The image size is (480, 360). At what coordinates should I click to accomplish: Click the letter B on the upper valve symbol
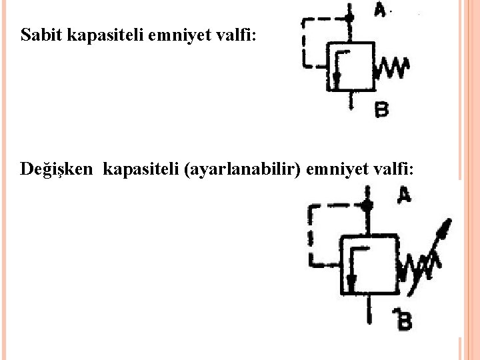pyautogui.click(x=382, y=109)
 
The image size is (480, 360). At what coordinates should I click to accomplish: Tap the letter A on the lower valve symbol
pyautogui.click(x=404, y=195)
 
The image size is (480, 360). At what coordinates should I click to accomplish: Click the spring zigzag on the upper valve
pyautogui.click(x=393, y=67)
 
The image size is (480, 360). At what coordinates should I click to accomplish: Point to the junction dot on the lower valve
pyautogui.click(x=366, y=205)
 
